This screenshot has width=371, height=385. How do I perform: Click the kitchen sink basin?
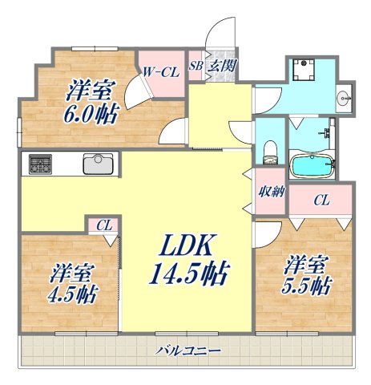point(97,164)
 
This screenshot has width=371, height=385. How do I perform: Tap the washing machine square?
point(302,71)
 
